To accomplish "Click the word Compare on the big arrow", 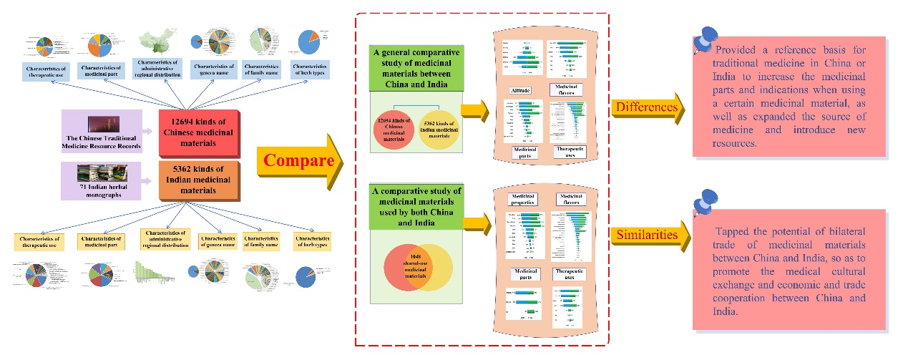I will (298, 160).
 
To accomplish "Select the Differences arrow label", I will (645, 108).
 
